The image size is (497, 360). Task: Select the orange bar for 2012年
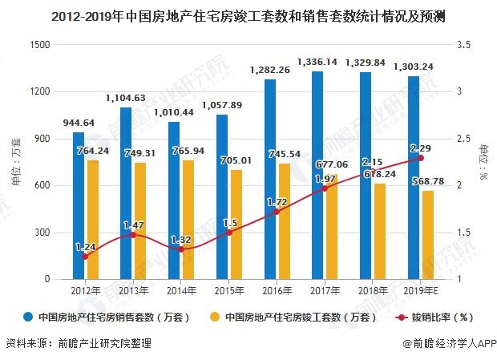point(93,220)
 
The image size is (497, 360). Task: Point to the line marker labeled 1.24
point(85,257)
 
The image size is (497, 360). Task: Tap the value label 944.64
point(79,123)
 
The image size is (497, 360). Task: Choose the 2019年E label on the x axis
point(418,291)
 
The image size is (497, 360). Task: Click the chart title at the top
point(248,14)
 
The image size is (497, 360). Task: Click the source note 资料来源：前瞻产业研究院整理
point(78,345)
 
